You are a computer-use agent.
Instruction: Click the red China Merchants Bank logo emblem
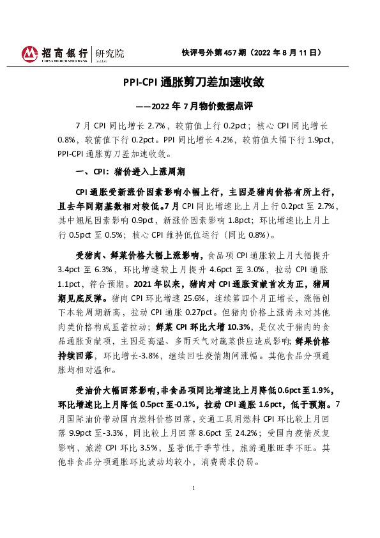tap(30, 53)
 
